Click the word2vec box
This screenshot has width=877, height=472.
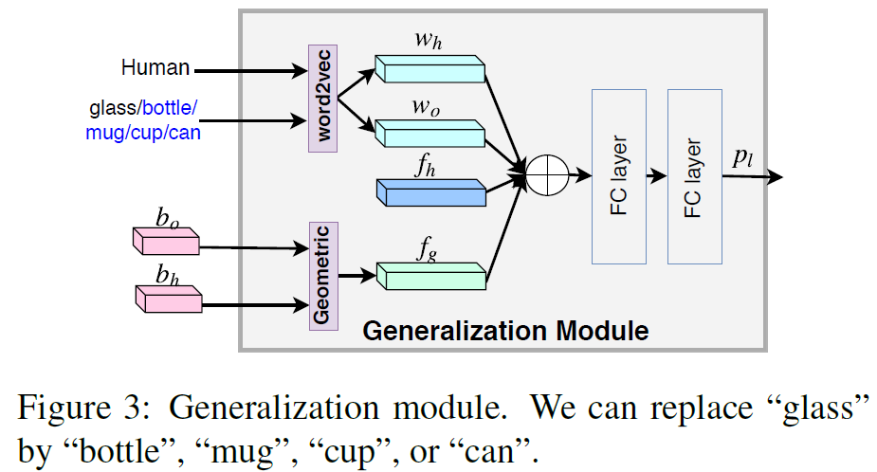pyautogui.click(x=323, y=98)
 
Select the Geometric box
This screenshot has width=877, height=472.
pyautogui.click(x=323, y=275)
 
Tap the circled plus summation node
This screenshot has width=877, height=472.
pyautogui.click(x=545, y=176)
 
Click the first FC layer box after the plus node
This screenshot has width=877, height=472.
pyautogui.click(x=618, y=176)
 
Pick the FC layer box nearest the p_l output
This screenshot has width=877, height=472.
pyautogui.click(x=694, y=176)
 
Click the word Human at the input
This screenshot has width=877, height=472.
pyautogui.click(x=155, y=68)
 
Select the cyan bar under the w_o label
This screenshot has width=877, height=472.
pyautogui.click(x=429, y=133)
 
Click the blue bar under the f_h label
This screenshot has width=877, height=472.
pyautogui.click(x=429, y=193)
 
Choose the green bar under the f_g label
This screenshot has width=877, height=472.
pyautogui.click(x=431, y=276)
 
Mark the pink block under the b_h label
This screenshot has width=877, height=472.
pyautogui.click(x=168, y=300)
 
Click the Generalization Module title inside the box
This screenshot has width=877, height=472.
pyautogui.click(x=505, y=331)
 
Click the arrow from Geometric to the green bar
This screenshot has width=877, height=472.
pyautogui.click(x=357, y=277)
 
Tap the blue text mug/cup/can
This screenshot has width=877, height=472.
pyautogui.click(x=143, y=133)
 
